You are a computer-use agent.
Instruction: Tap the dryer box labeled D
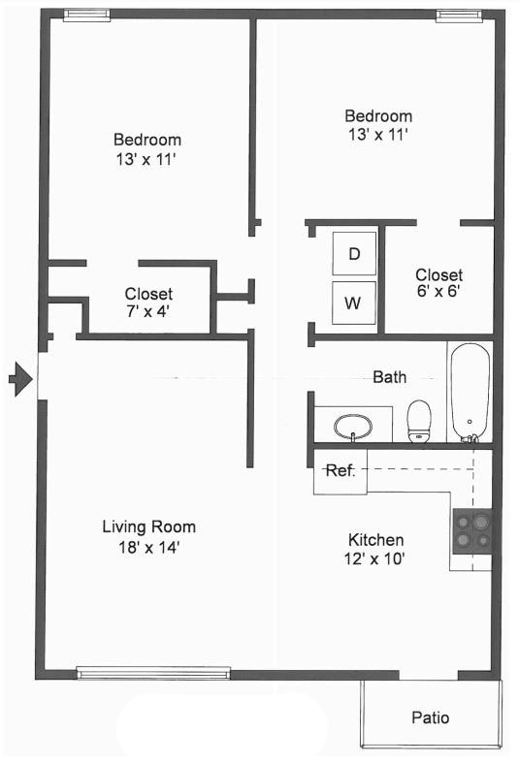354,254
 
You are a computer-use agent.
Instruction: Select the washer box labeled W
354,302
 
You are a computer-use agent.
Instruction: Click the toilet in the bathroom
419,421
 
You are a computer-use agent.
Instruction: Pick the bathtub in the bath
470,392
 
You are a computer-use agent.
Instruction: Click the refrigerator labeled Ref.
340,471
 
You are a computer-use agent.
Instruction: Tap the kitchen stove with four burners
471,531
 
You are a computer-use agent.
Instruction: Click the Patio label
430,718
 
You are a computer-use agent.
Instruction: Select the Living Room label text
148,527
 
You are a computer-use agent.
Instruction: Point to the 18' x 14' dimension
148,547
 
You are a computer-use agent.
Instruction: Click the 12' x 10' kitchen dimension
375,558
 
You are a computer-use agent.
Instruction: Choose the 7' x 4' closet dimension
148,312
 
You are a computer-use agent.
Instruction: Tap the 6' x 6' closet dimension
438,294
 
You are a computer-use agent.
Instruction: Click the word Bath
389,377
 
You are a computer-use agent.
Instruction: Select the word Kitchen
375,540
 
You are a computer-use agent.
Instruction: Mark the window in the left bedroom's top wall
86,15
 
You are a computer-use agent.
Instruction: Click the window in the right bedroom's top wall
458,15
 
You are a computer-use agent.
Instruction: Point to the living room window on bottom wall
153,673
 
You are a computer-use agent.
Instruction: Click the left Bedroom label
146,140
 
